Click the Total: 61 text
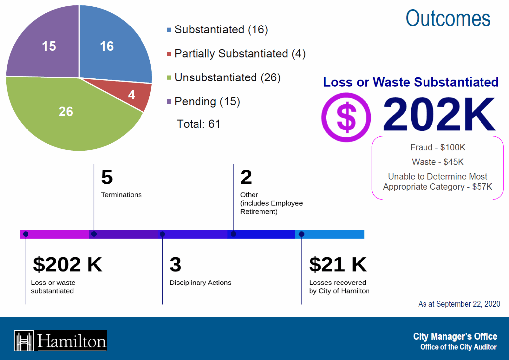click(198, 124)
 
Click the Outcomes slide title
click(448, 19)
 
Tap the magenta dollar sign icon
click(346, 118)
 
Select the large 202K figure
click(439, 115)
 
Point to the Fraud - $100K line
click(437, 147)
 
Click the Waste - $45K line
click(437, 162)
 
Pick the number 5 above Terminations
click(107, 177)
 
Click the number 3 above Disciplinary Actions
click(175, 264)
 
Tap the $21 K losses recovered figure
click(337, 264)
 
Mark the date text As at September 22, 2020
click(459, 304)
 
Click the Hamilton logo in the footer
click(60, 341)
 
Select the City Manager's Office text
click(455, 336)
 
